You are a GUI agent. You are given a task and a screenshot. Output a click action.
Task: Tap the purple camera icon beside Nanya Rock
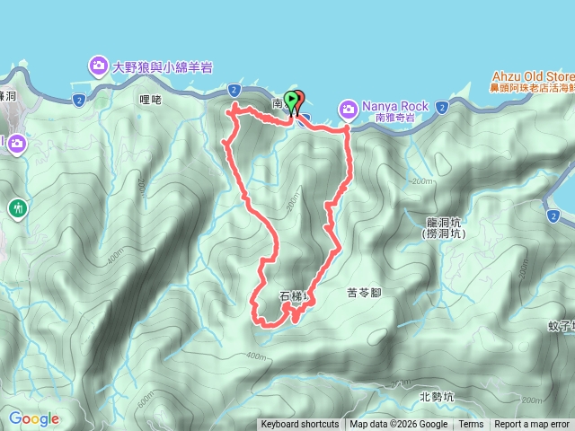click(x=348, y=110)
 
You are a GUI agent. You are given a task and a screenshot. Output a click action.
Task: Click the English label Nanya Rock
click(x=389, y=105)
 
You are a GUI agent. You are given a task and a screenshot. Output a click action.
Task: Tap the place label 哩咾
click(x=151, y=100)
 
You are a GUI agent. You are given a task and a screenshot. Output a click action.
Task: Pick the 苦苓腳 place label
click(x=365, y=293)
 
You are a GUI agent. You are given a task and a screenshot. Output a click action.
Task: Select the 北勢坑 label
click(x=437, y=396)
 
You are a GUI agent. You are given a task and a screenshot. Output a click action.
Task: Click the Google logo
click(x=33, y=418)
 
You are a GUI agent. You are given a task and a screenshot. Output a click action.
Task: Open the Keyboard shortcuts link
click(x=300, y=425)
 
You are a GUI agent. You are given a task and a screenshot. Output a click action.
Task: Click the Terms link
click(x=471, y=425)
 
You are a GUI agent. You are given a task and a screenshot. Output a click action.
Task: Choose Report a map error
click(x=534, y=425)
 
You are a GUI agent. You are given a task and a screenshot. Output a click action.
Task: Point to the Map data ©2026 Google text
click(x=398, y=425)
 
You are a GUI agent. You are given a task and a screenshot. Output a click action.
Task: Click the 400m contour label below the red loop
click(x=256, y=356)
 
